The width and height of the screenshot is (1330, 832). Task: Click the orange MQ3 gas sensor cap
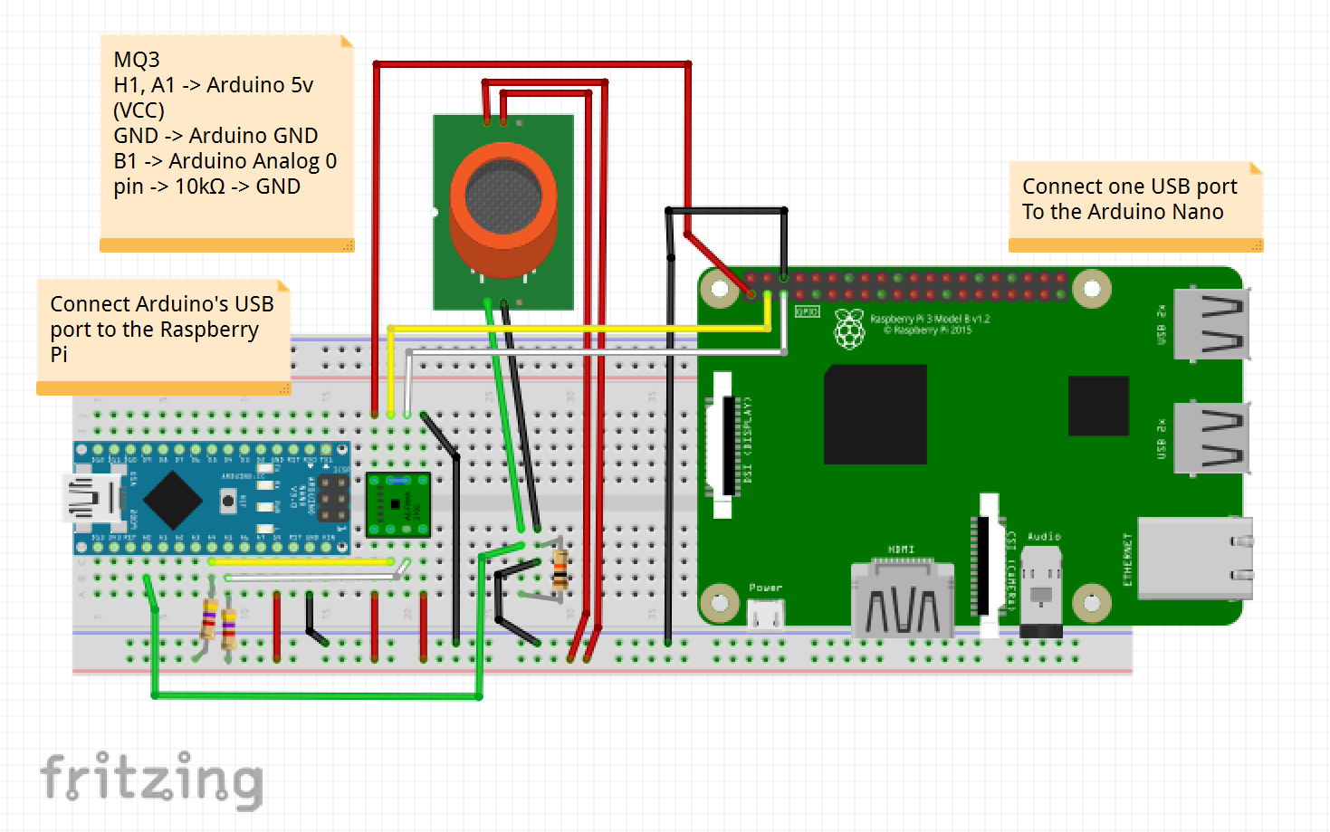point(503,210)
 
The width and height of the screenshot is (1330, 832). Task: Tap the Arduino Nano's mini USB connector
point(91,499)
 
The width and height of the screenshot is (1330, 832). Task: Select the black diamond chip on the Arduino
point(172,499)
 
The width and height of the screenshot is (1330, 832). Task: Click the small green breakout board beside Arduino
point(397,505)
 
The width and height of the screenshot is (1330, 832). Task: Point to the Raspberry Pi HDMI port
point(903,602)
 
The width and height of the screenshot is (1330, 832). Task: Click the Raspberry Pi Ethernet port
point(1193,559)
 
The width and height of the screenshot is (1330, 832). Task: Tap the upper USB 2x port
point(1211,323)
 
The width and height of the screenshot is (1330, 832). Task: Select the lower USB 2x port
point(1211,438)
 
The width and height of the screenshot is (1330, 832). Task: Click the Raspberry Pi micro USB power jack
point(766,616)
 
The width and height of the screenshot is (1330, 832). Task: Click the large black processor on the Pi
point(875,415)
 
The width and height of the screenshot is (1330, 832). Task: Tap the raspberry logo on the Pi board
point(848,329)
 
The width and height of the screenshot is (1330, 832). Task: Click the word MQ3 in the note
point(137,60)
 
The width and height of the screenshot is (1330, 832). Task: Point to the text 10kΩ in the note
point(199,186)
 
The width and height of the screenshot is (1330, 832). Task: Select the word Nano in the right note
point(1198,212)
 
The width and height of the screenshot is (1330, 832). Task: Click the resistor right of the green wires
point(560,569)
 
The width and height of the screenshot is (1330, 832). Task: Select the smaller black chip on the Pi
point(1098,406)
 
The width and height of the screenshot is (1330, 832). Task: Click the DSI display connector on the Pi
point(723,445)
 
